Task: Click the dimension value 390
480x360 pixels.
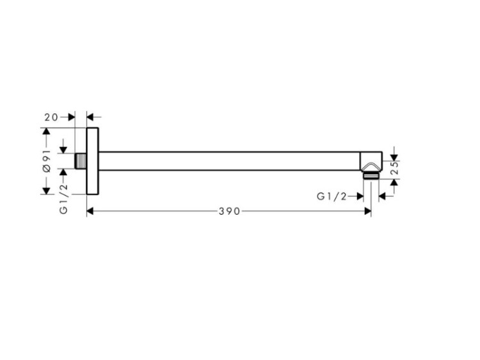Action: [x=229, y=211]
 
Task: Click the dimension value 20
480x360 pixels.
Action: [x=51, y=117]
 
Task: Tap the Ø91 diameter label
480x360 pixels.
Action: [x=47, y=161]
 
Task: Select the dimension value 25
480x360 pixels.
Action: [x=396, y=168]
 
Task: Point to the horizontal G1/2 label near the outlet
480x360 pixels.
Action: [x=332, y=196]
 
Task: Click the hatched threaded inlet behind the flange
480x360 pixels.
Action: [x=81, y=161]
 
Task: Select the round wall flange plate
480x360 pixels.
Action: [x=92, y=161]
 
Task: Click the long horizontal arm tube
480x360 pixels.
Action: [x=229, y=161]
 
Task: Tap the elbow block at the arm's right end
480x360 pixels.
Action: [x=371, y=161]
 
